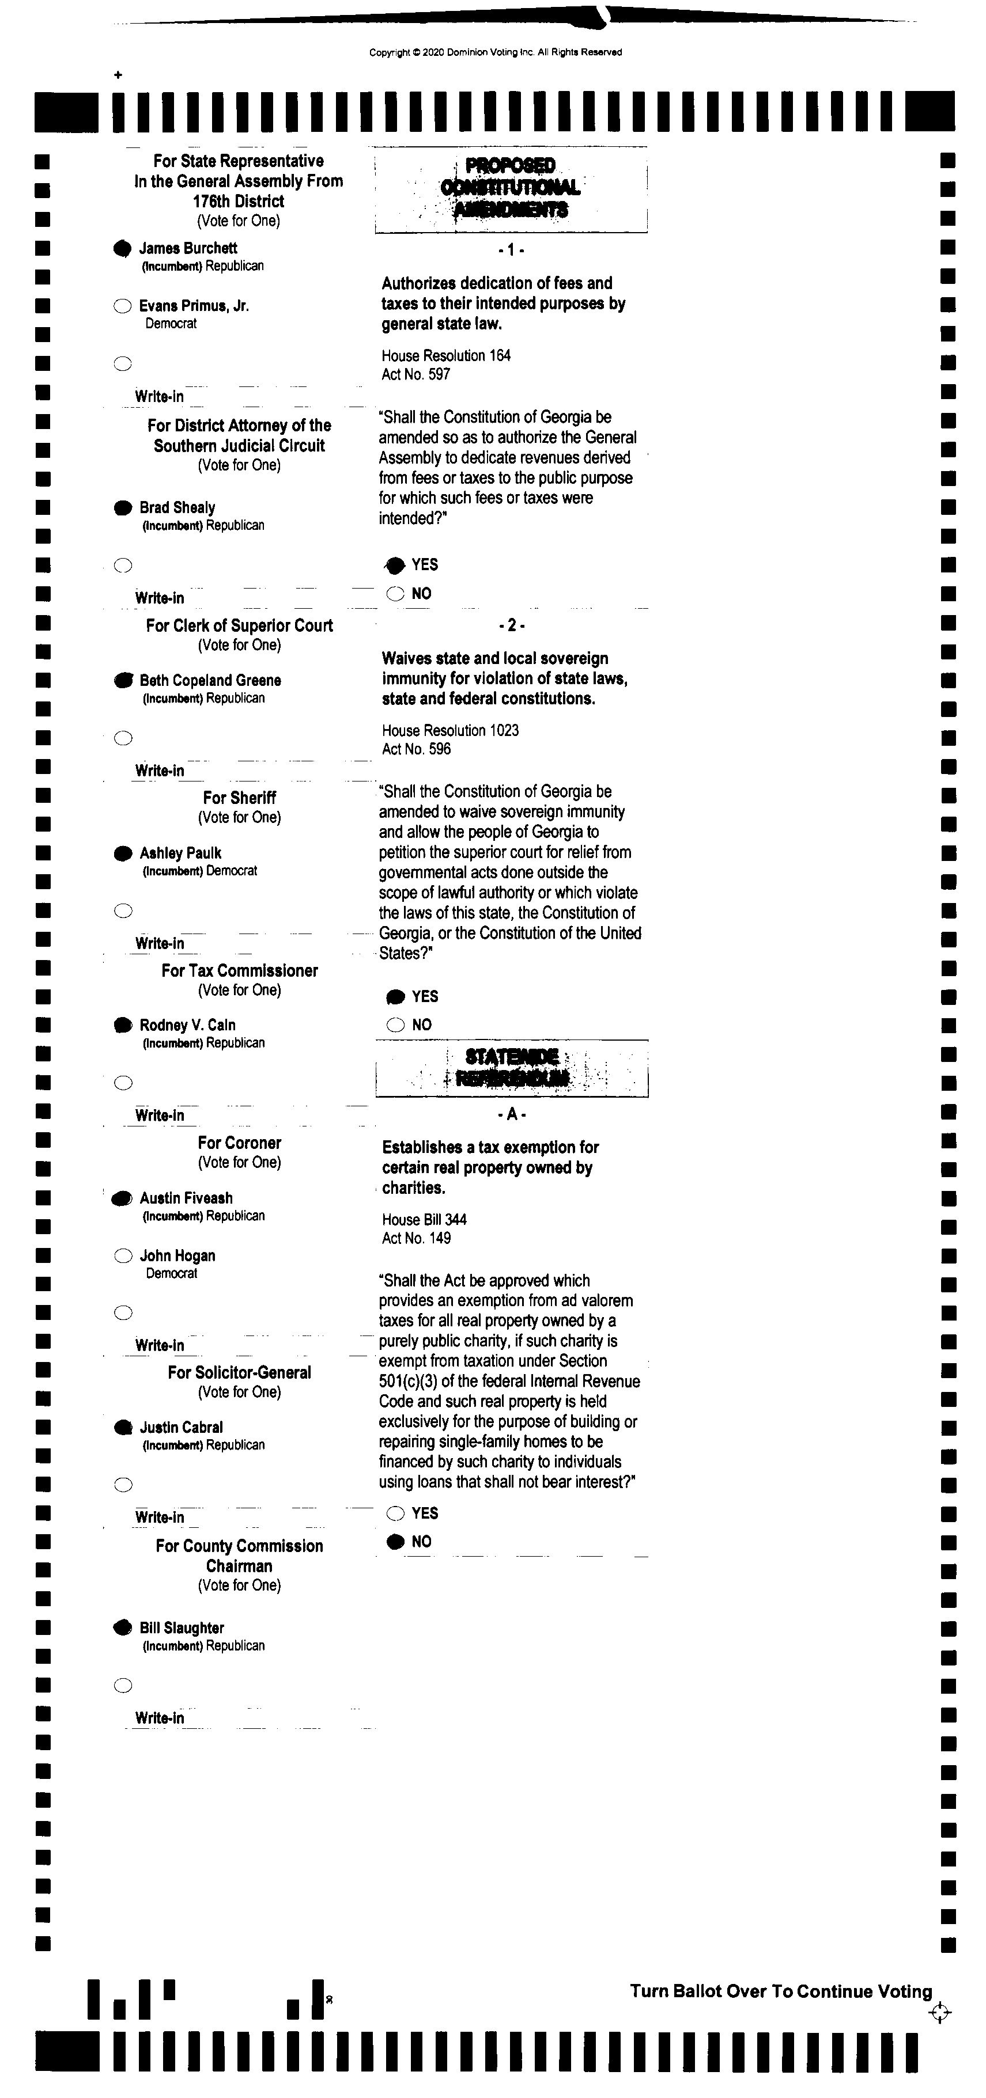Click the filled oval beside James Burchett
(122, 248)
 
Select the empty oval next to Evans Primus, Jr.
(122, 306)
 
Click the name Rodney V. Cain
(187, 1025)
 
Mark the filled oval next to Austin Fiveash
(122, 1198)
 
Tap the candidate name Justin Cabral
(181, 1427)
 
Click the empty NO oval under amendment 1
(396, 594)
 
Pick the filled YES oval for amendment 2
(396, 997)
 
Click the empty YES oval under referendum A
(396, 1513)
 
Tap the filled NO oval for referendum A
(396, 1542)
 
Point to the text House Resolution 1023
(450, 731)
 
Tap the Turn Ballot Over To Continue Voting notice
(781, 1991)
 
